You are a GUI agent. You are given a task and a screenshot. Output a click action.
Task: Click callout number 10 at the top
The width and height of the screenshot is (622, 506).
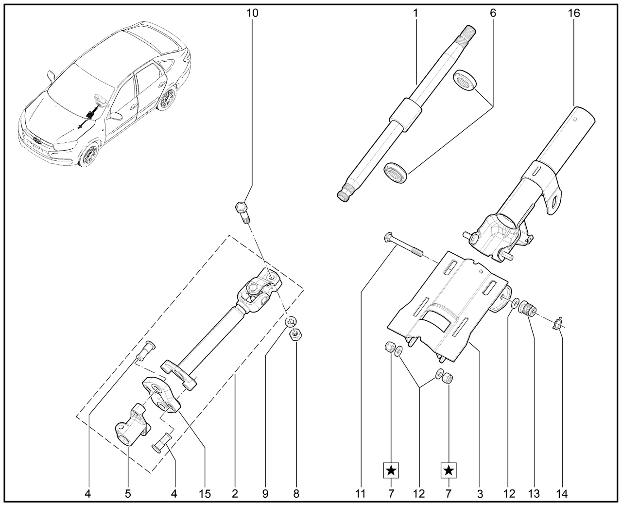pyautogui.click(x=252, y=13)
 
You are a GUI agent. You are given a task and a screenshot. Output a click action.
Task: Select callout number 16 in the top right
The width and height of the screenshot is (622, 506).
pyautogui.click(x=574, y=13)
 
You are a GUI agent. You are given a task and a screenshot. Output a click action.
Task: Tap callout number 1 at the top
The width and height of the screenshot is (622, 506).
pyautogui.click(x=416, y=13)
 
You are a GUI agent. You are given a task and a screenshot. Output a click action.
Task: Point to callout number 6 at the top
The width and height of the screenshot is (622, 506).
pyautogui.click(x=493, y=13)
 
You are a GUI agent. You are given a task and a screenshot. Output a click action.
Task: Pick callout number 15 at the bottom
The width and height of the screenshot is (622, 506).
pyautogui.click(x=205, y=494)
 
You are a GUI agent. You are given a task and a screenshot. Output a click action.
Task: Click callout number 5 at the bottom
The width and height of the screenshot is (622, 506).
pyautogui.click(x=128, y=494)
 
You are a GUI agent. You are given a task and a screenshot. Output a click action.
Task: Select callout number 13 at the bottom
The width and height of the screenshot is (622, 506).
pyautogui.click(x=534, y=494)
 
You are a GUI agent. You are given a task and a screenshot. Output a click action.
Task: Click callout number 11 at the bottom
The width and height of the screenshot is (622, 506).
pyautogui.click(x=360, y=494)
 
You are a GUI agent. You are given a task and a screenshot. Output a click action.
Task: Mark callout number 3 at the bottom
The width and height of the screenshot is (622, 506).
pyautogui.click(x=480, y=494)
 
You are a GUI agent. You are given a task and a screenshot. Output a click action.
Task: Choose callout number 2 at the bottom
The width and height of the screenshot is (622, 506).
pyautogui.click(x=235, y=494)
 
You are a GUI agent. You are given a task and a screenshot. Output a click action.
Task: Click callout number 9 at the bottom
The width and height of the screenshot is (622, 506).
pyautogui.click(x=265, y=494)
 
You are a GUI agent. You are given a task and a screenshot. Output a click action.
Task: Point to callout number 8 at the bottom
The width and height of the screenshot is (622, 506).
pyautogui.click(x=296, y=494)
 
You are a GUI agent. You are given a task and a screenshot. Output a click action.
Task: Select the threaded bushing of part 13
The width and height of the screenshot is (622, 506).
pyautogui.click(x=526, y=308)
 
